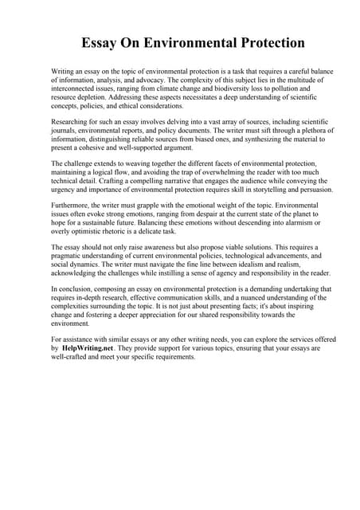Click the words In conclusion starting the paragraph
pyautogui.click(x=72, y=288)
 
